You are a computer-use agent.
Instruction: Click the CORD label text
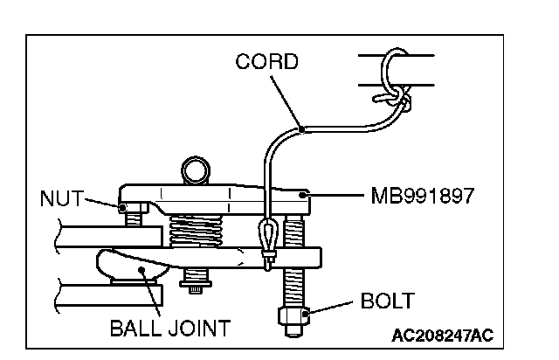(267, 62)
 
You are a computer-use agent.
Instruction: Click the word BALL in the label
(140, 329)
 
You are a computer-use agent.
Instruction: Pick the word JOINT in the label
(201, 329)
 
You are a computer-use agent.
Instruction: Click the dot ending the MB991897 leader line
(302, 196)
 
